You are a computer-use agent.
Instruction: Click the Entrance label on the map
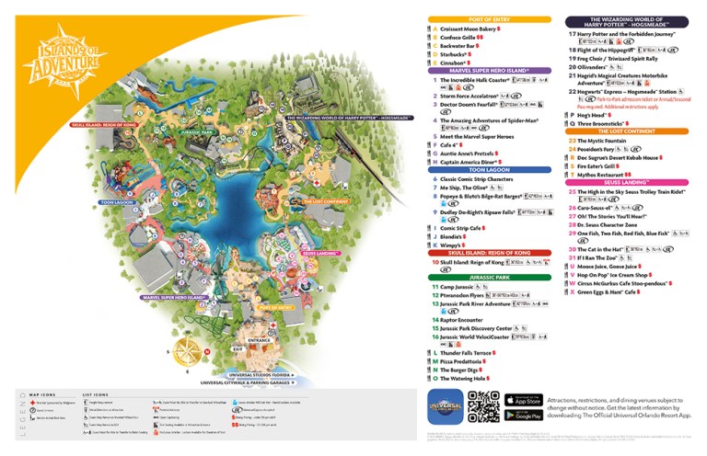260,339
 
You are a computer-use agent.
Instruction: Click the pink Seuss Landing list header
632,182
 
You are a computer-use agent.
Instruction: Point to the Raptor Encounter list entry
465,319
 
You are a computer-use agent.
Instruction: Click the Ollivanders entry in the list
598,67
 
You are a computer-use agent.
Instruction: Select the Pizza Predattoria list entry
466,361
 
